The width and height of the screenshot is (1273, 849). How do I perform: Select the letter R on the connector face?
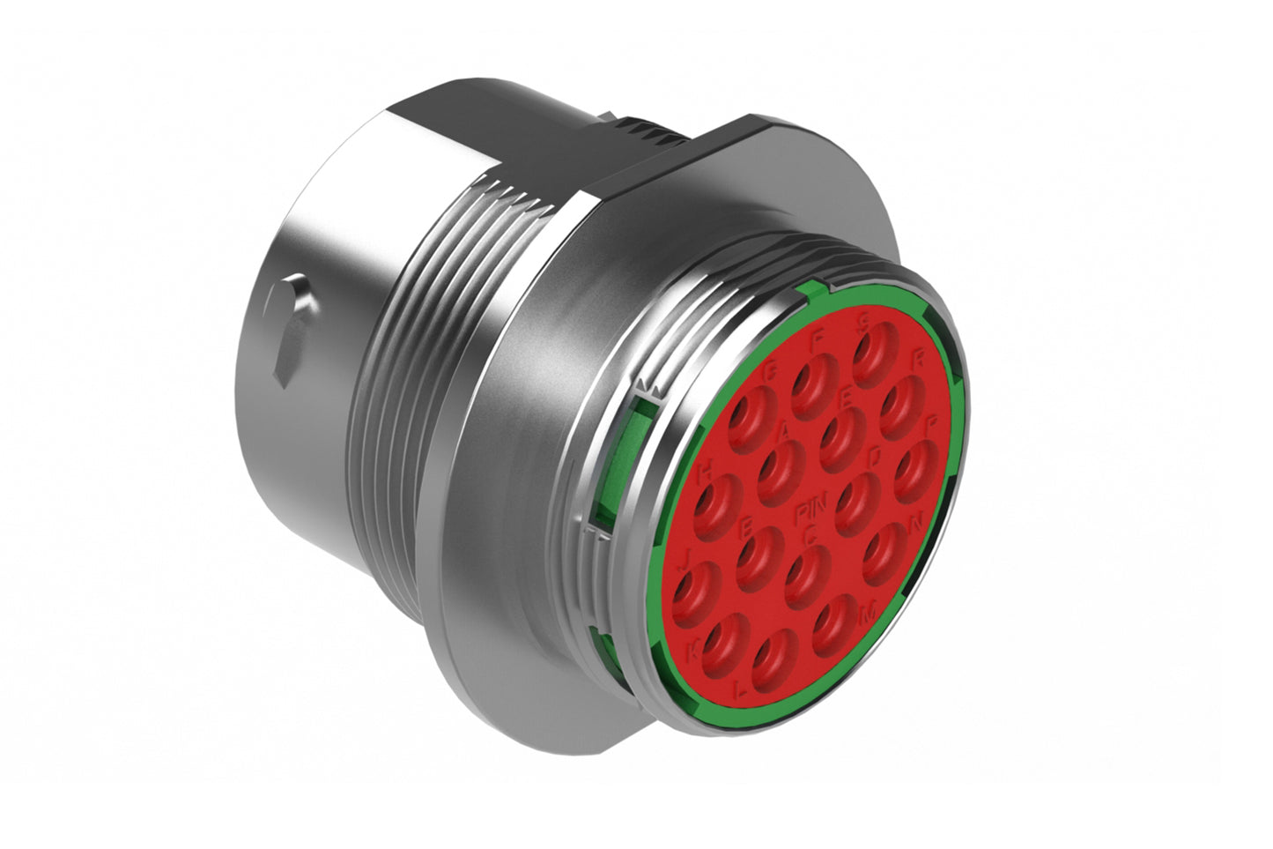920,359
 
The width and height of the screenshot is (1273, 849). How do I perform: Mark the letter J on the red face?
686,555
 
